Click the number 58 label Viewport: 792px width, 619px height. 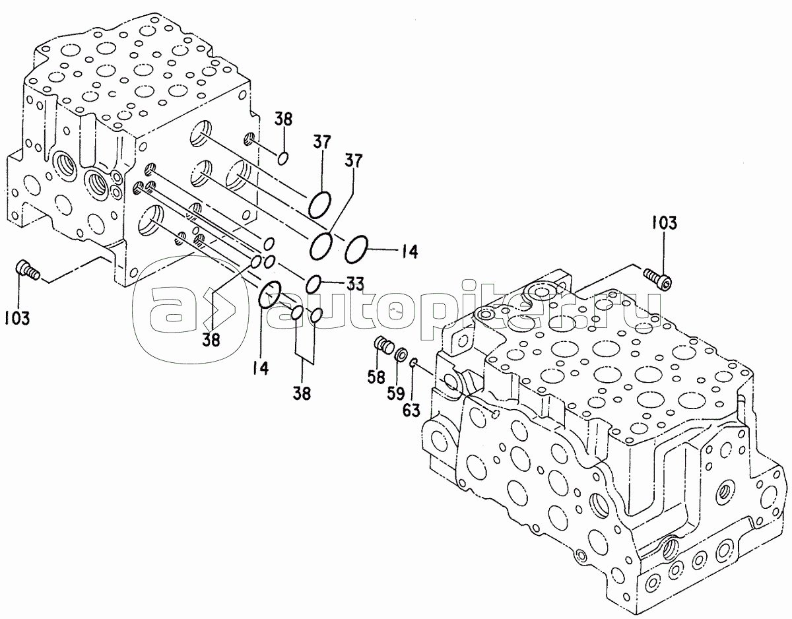pos(376,377)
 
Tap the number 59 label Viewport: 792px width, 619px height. pos(396,393)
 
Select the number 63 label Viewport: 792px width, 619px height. pos(411,410)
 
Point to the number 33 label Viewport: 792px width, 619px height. pos(354,284)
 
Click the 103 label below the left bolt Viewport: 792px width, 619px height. pos(17,318)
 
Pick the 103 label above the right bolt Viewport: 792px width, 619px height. pos(664,222)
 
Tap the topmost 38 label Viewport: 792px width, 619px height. pos(283,120)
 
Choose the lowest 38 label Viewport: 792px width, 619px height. pos(302,393)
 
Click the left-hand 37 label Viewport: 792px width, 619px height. pos(321,143)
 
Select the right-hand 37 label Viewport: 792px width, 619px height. pos(353,160)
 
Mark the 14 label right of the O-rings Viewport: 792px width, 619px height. pos(410,251)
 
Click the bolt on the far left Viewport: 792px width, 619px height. pos(28,271)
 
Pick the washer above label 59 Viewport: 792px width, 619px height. pos(402,354)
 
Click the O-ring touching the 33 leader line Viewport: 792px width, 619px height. pos(313,284)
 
